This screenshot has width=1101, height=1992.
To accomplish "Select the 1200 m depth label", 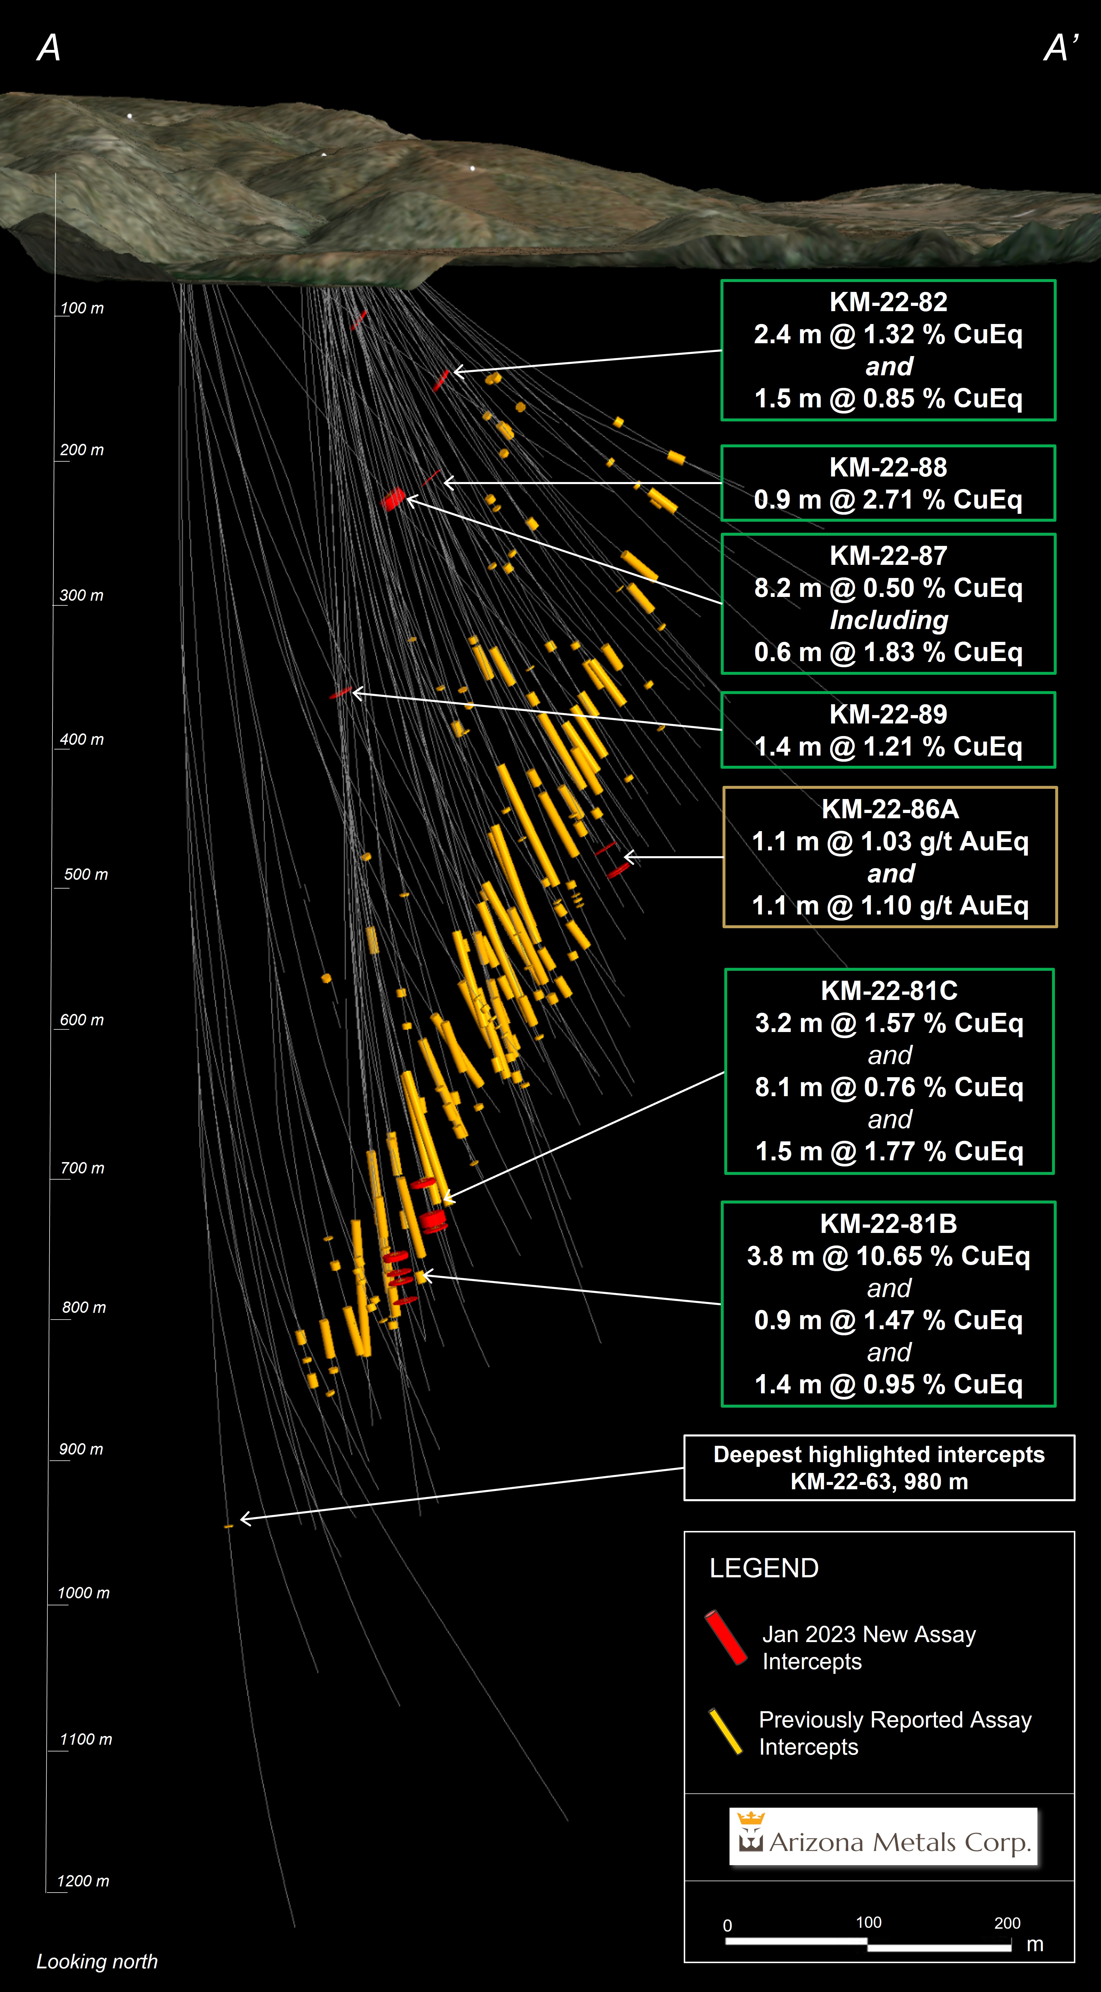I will pyautogui.click(x=83, y=1881).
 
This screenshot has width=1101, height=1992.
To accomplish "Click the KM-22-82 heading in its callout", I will pyautogui.click(x=888, y=302).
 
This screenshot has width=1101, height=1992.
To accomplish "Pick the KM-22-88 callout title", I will pyautogui.click(x=888, y=467).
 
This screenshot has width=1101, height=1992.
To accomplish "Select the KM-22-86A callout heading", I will pyautogui.click(x=890, y=809).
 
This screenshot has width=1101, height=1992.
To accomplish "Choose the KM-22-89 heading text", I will pyautogui.click(x=888, y=714).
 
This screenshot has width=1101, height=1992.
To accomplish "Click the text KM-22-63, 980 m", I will pyautogui.click(x=879, y=1482).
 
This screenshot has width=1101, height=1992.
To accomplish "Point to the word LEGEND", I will pyautogui.click(x=764, y=1567).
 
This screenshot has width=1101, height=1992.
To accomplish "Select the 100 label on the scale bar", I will pyautogui.click(x=868, y=1922).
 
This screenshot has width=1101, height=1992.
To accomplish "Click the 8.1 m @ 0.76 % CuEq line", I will pyautogui.click(x=889, y=1087).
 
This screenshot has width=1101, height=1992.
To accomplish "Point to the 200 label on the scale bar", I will pyautogui.click(x=1007, y=1923).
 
